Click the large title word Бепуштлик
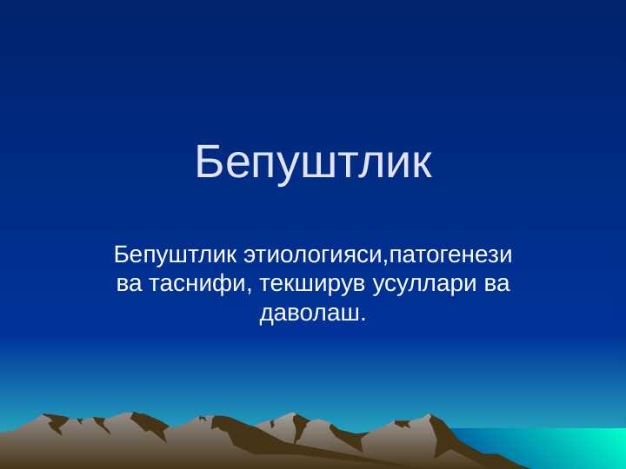pyautogui.click(x=313, y=162)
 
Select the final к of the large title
pyautogui.click(x=420, y=168)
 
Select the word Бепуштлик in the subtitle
pyautogui.click(x=176, y=255)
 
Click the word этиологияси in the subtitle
pyautogui.click(x=313, y=256)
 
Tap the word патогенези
pyautogui.click(x=451, y=256)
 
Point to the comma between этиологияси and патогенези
pyautogui.click(x=386, y=262)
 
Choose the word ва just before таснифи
pyautogui.click(x=129, y=284)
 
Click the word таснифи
pyautogui.click(x=198, y=284)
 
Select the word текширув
pyautogui.click(x=312, y=284)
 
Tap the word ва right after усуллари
pyautogui.click(x=496, y=284)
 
